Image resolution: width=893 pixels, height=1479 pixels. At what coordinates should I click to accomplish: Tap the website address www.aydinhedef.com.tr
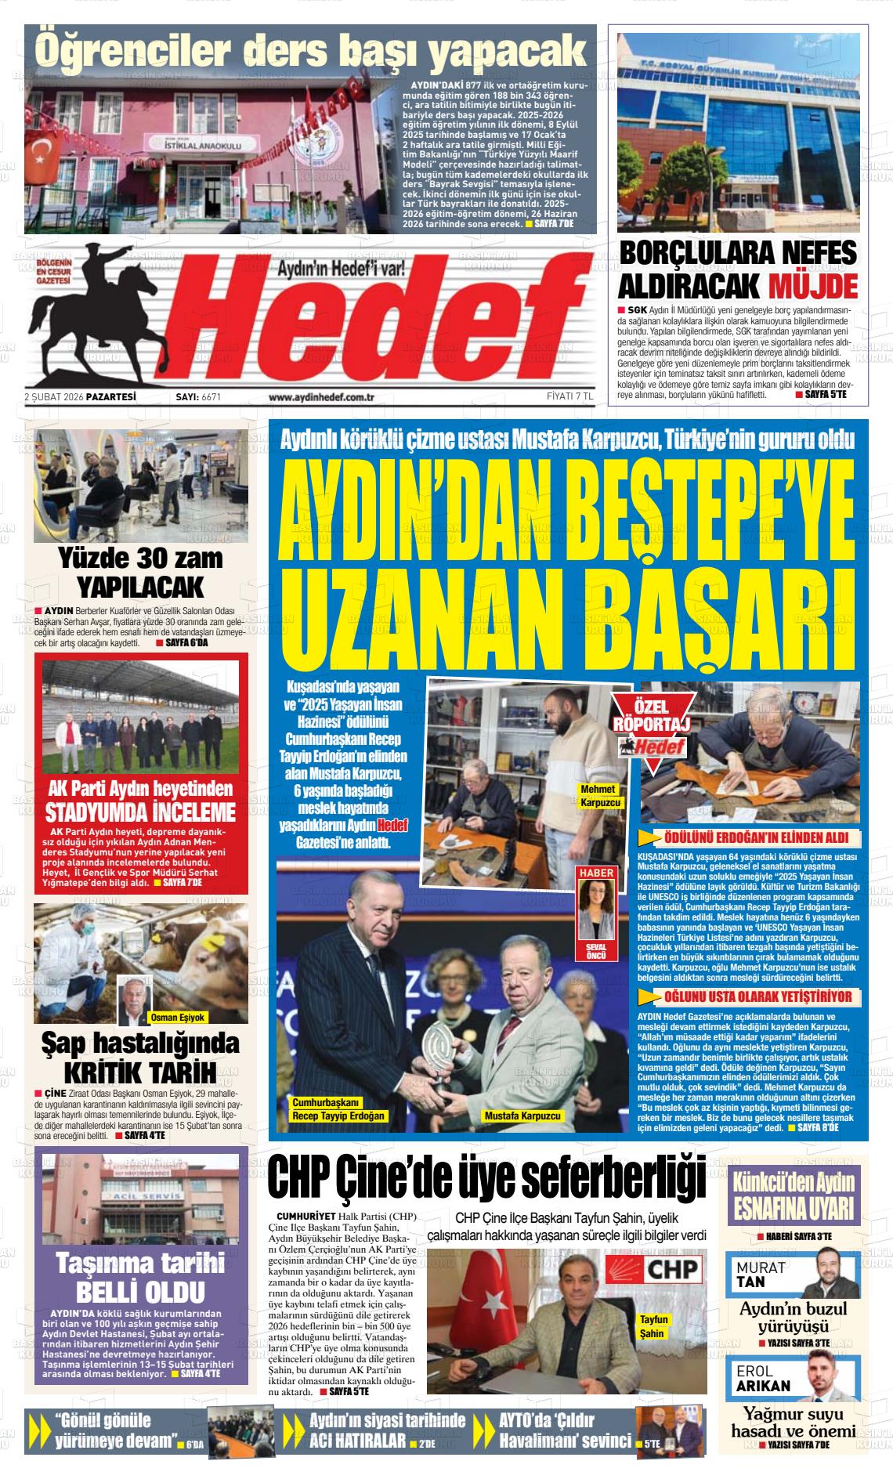pos(322,397)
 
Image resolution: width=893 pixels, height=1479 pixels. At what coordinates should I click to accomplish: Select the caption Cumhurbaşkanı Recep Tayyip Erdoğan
pos(339,1108)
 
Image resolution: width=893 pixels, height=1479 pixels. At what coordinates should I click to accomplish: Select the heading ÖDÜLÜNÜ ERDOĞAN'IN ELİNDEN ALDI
pos(750,837)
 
